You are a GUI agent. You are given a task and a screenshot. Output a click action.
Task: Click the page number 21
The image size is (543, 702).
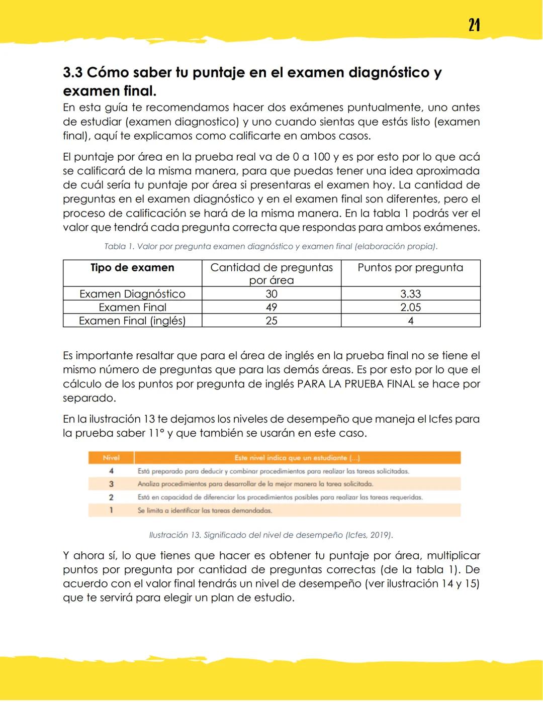(474, 25)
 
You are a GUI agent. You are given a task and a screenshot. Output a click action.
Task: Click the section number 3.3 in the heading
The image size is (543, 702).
(72, 72)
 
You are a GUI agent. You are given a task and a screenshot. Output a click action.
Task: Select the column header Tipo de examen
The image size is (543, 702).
(132, 268)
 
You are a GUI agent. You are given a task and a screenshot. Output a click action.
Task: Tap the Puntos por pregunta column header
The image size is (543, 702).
(410, 268)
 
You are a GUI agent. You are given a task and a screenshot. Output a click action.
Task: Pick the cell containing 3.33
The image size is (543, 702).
(410, 294)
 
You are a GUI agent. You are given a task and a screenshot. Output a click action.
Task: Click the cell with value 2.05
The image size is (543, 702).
(410, 308)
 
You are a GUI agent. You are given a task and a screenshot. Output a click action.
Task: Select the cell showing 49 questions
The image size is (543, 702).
(271, 308)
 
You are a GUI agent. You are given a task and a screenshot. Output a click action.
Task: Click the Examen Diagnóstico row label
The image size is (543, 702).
(132, 294)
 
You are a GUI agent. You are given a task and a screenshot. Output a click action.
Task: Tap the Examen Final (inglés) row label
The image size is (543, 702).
(132, 321)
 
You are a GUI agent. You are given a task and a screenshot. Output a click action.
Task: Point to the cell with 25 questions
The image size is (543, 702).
(271, 321)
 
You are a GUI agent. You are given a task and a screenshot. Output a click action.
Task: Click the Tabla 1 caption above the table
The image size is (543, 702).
(270, 246)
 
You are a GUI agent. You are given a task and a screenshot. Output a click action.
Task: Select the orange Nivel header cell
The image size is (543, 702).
(111, 458)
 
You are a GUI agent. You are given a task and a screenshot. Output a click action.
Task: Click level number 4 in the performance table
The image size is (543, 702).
(111, 471)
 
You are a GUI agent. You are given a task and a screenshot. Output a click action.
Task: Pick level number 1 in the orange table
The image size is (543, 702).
(111, 510)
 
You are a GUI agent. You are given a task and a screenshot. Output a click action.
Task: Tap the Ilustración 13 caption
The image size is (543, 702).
(270, 535)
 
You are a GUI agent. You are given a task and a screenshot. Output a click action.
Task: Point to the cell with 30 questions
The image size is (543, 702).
(271, 294)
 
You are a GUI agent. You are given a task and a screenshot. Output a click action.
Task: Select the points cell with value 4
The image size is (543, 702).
(410, 321)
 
